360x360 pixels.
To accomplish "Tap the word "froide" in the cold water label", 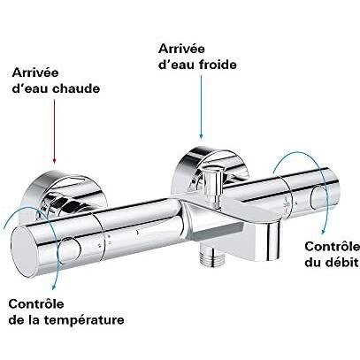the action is (218, 65).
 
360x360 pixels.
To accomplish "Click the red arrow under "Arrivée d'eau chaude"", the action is (54, 131).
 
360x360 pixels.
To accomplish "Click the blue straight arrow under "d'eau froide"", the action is (201, 107).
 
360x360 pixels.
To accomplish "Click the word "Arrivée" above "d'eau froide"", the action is (181, 49).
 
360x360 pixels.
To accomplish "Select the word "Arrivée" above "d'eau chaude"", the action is (35, 73).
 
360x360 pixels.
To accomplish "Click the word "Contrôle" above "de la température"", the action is (36, 304).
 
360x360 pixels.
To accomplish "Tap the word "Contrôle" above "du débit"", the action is (333, 247).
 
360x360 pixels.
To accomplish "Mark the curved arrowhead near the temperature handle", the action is (54, 285).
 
